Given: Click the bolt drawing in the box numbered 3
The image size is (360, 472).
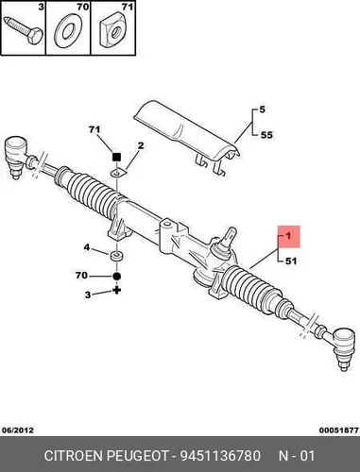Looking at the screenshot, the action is [23, 31].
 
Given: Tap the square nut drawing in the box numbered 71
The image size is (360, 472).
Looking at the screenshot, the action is [114, 31].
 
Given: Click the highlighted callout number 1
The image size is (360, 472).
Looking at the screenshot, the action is [288, 236].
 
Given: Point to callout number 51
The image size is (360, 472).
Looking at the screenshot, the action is [290, 261].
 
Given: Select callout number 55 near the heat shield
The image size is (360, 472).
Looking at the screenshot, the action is [266, 135].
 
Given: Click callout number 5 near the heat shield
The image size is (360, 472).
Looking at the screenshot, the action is [263, 110].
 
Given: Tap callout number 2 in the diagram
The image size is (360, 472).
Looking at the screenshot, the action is [141, 145].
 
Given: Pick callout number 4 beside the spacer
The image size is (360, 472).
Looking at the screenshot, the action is [87, 247].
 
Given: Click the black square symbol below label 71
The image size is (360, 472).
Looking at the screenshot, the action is [116, 157].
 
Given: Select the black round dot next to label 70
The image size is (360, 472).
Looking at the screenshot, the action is [116, 276].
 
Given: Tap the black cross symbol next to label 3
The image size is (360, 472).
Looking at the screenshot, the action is [117, 291].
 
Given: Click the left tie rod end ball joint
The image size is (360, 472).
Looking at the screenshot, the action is [16, 154].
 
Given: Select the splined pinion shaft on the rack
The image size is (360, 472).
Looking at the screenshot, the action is [230, 237].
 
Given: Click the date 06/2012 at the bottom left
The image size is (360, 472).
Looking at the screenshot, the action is [18, 430].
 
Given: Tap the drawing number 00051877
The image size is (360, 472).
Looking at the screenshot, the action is [339, 430].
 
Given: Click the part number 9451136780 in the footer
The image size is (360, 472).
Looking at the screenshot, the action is [220, 456].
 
